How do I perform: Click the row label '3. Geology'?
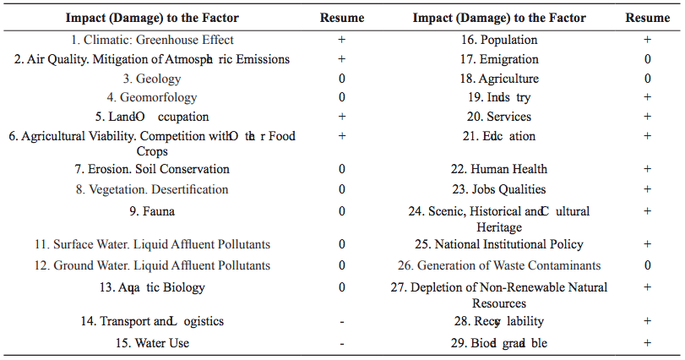tap(152, 79)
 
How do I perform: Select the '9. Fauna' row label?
tap(152, 210)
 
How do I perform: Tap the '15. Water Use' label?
tap(152, 343)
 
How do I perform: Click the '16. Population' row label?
tap(508, 40)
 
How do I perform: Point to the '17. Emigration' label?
tap(508, 59)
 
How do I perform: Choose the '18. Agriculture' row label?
tap(508, 79)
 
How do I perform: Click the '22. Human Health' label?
tap(508, 169)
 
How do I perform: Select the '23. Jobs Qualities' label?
tap(508, 189)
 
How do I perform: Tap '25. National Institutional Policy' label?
tap(508, 244)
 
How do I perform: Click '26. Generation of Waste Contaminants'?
tap(508, 265)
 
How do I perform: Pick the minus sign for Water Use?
tap(342, 343)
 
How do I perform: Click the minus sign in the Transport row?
tap(342, 322)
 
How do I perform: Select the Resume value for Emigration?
tap(647, 59)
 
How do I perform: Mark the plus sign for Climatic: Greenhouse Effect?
tap(342, 40)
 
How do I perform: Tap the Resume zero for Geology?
tap(342, 79)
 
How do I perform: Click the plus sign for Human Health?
tap(647, 169)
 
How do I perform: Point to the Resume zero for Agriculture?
tap(647, 79)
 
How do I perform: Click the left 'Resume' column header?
tap(342, 18)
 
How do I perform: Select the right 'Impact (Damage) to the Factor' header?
tap(508, 18)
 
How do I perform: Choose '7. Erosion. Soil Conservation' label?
tap(152, 169)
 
